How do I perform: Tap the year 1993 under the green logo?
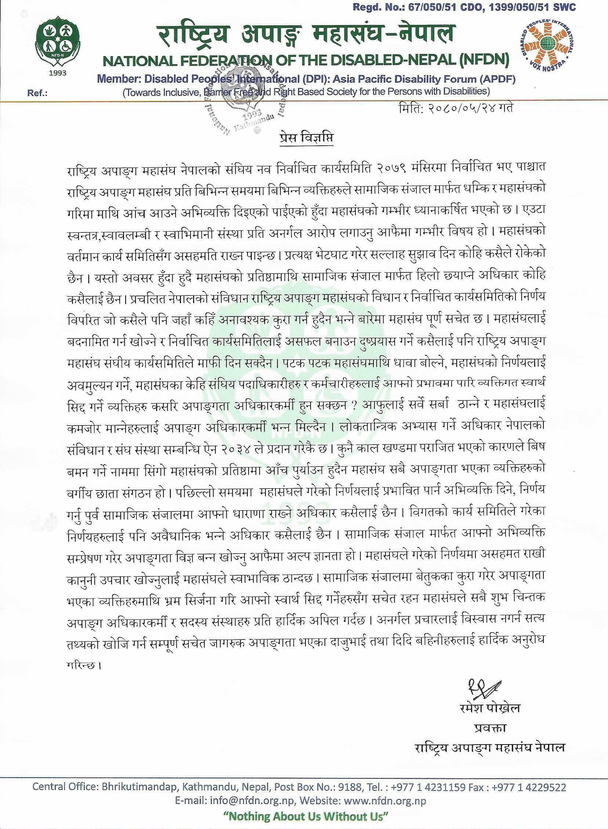(57, 72)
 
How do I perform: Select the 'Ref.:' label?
(37, 94)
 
